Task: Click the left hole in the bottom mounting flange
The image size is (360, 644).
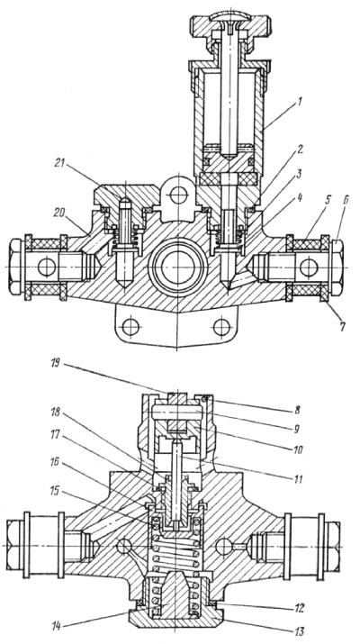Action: (x=132, y=326)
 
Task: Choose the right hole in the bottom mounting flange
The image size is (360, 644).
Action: (x=220, y=326)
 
